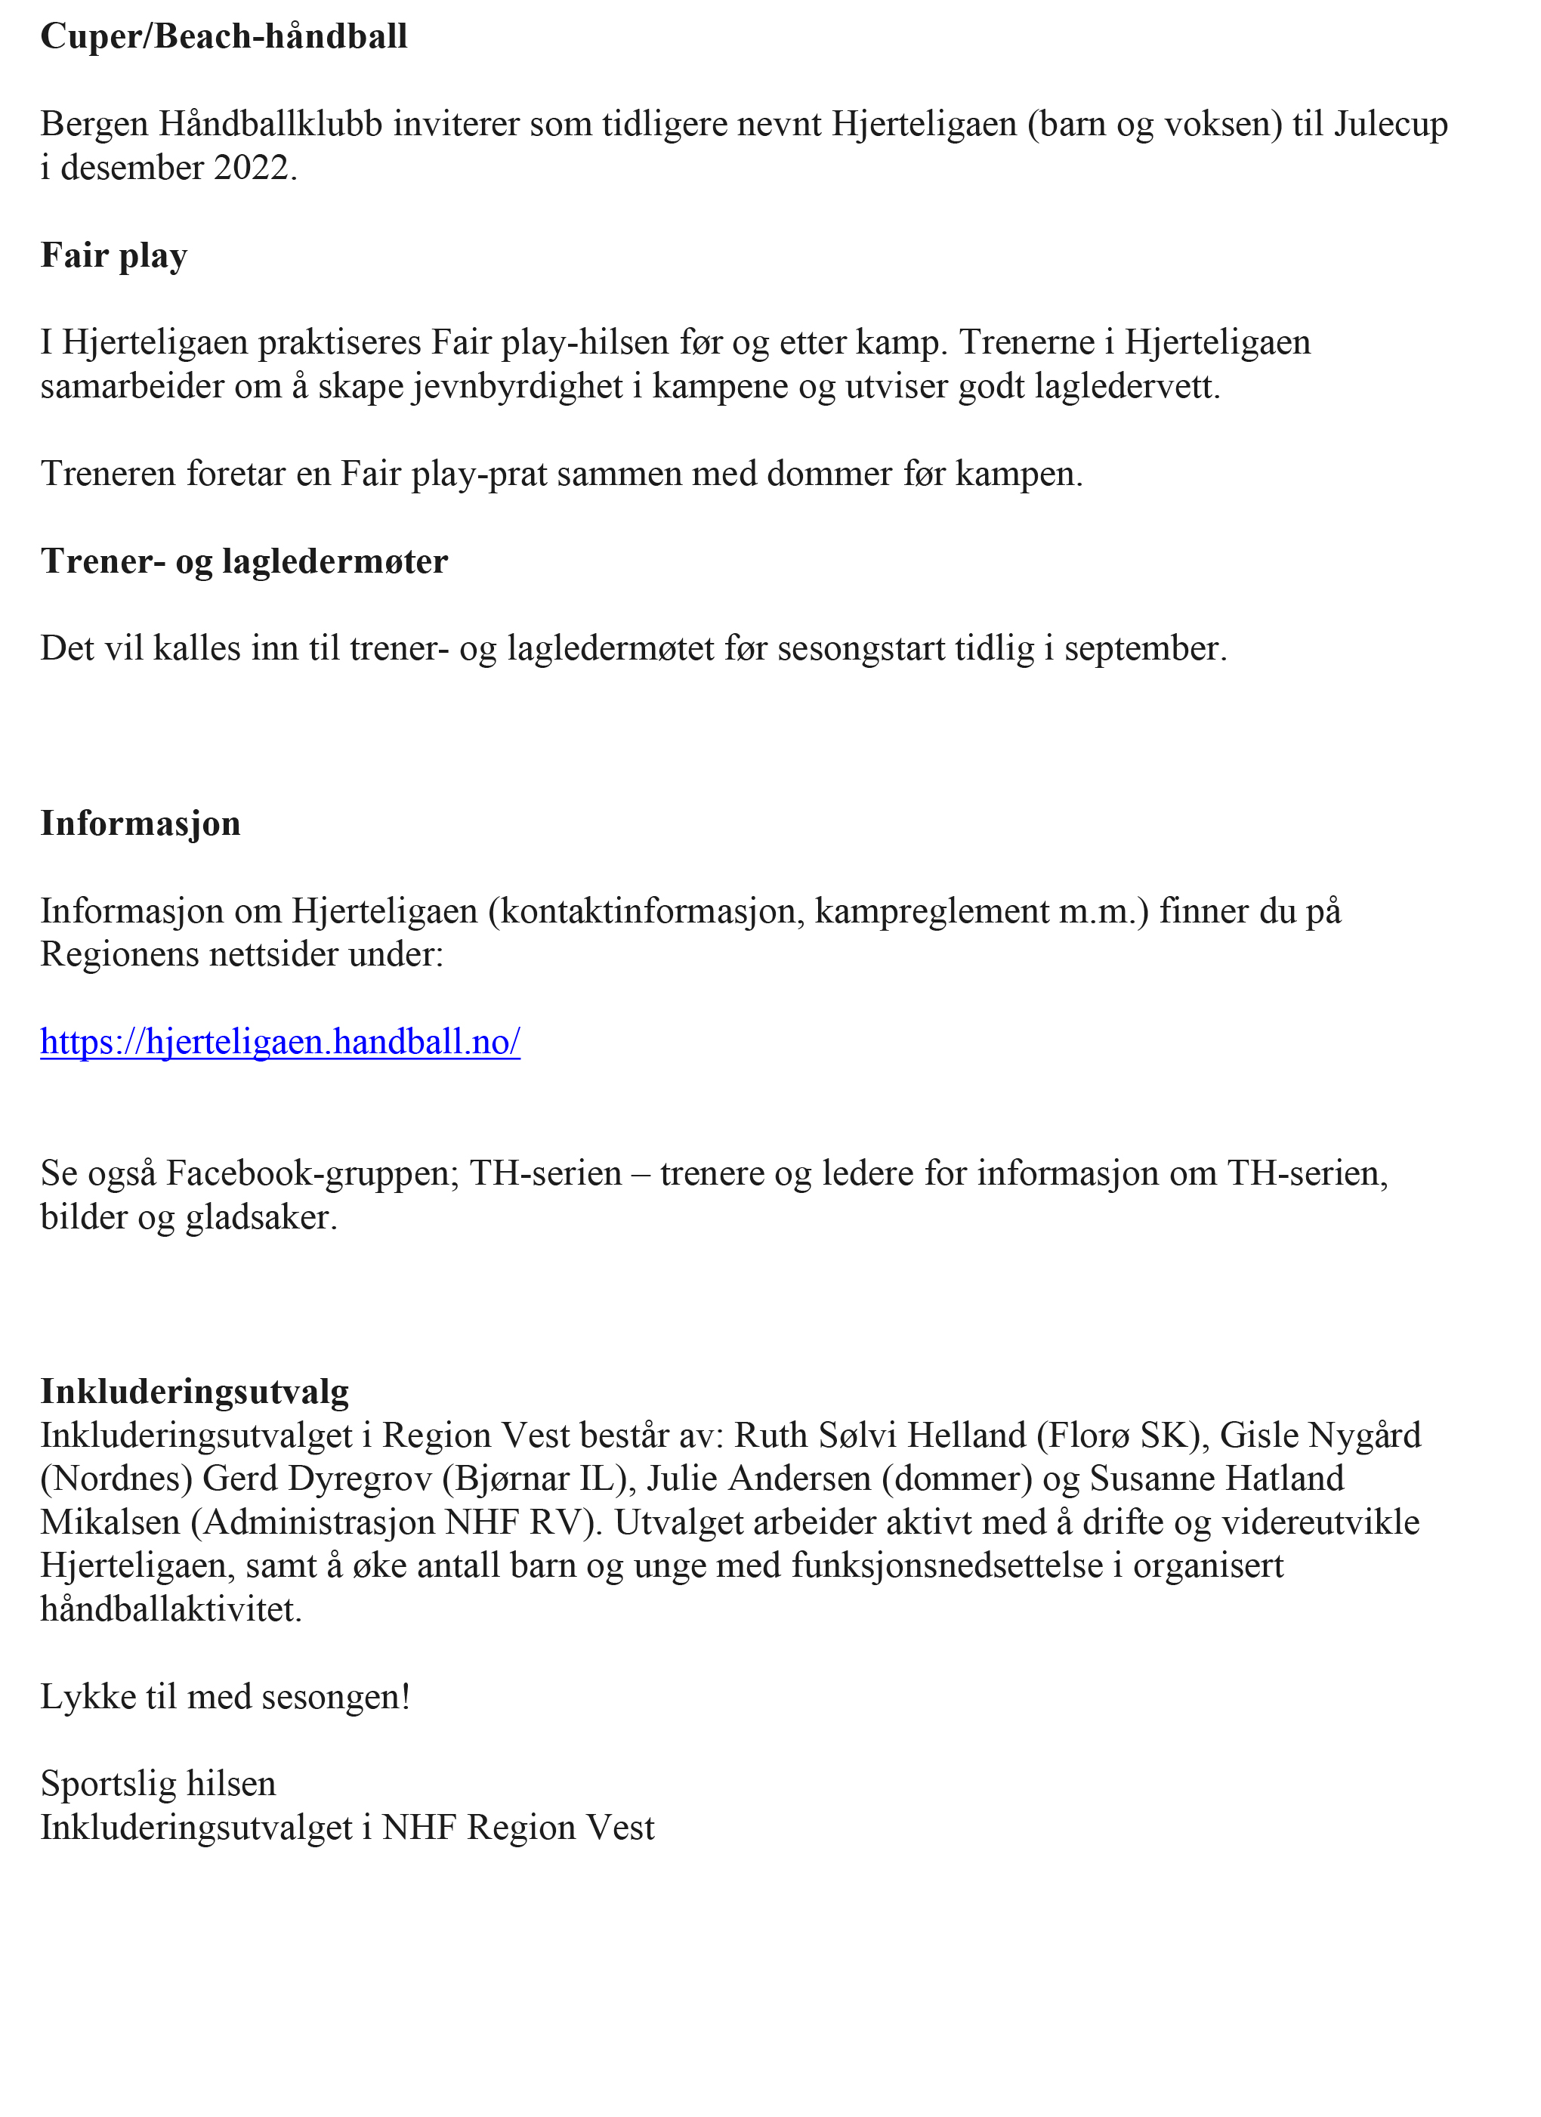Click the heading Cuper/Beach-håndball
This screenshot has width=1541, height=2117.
(224, 37)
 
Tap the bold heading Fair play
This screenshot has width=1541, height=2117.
(114, 257)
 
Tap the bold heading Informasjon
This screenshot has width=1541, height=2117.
(140, 824)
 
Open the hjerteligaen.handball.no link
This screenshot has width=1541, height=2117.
(280, 1042)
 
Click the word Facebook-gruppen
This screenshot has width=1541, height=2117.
(313, 1174)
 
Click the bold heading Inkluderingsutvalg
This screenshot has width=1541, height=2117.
(194, 1392)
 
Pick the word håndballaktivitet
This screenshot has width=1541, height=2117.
(171, 1610)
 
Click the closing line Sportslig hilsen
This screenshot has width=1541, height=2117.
(158, 1784)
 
